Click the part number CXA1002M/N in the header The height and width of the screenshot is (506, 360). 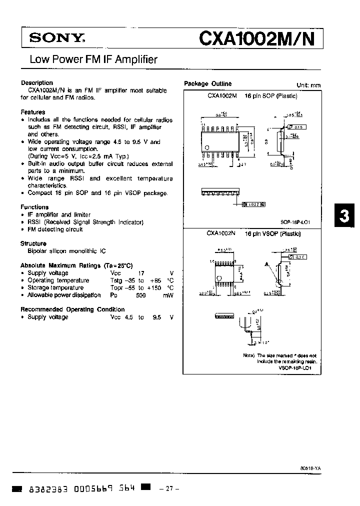(x=257, y=38)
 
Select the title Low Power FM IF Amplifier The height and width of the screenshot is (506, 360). (x=93, y=60)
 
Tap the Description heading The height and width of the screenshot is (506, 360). (x=37, y=83)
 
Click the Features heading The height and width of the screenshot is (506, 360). (x=33, y=112)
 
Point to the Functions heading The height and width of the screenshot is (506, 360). (x=34, y=207)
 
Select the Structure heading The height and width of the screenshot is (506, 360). (x=33, y=243)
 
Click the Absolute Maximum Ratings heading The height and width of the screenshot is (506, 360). (x=76, y=265)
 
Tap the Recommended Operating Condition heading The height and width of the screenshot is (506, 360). (x=72, y=309)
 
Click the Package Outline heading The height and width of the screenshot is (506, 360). (x=208, y=84)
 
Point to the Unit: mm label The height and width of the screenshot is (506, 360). (x=308, y=85)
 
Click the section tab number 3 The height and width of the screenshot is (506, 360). (x=344, y=216)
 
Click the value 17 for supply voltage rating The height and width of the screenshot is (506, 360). (x=141, y=273)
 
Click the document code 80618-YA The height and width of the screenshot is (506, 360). (x=310, y=467)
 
